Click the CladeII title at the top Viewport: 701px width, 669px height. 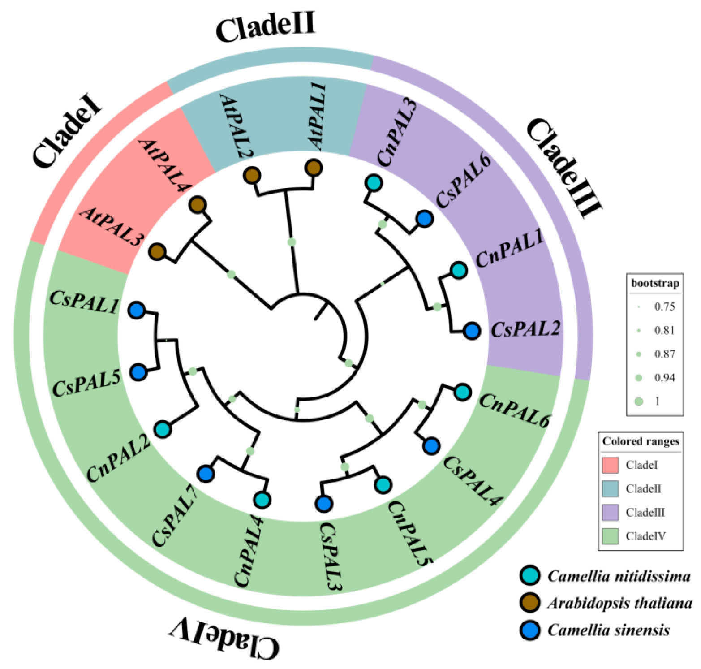coord(266,27)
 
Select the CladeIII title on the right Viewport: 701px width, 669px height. coord(563,168)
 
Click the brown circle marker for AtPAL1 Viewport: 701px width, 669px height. coord(314,168)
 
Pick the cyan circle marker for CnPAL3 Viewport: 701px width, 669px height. coord(374,183)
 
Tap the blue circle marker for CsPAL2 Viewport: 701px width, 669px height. coord(471,331)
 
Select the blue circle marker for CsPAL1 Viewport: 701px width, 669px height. coord(137,310)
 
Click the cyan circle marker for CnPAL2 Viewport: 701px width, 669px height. coord(163,429)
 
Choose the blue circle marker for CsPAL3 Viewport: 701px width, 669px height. coord(324,504)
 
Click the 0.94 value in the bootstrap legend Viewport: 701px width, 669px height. coord(664,378)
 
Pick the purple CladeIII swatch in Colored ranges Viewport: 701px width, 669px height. coord(610,512)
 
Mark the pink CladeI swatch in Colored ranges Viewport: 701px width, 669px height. coord(610,465)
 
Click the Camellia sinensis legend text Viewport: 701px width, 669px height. coord(608,630)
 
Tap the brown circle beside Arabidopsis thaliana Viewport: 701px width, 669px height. coord(530,603)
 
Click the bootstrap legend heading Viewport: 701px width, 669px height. coord(655,283)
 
